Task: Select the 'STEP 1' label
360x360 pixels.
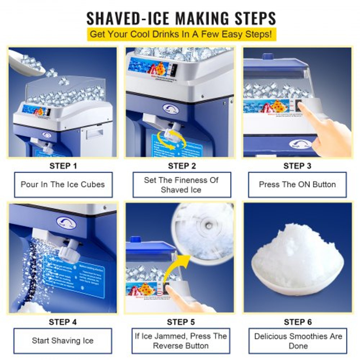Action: click(63, 166)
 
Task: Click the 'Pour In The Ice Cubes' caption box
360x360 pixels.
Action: click(63, 185)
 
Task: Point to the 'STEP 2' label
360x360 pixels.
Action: click(182, 166)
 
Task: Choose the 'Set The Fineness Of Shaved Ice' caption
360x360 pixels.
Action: click(181, 185)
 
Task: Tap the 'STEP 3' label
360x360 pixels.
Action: click(297, 166)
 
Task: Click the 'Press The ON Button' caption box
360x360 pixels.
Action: click(297, 185)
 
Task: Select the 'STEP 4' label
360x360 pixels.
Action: click(63, 322)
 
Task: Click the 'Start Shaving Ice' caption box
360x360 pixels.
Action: click(63, 341)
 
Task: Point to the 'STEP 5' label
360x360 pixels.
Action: click(181, 322)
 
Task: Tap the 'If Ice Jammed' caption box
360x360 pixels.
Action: click(181, 341)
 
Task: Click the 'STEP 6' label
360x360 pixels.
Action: click(298, 322)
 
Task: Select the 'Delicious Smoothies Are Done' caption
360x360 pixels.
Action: click(298, 341)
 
